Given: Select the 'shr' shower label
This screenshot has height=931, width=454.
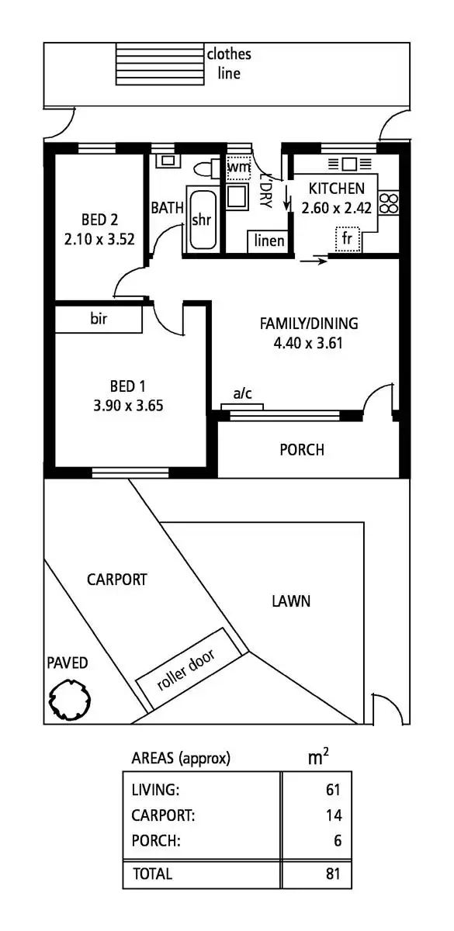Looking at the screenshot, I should (201, 220).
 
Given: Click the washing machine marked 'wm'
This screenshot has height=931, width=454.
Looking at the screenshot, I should (237, 167).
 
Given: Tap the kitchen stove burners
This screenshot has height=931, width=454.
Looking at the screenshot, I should (389, 203).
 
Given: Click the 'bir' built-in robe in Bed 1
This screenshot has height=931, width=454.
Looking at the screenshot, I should (99, 319).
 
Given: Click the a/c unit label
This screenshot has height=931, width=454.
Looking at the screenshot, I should (243, 394).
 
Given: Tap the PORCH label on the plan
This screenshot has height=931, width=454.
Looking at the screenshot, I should (301, 450).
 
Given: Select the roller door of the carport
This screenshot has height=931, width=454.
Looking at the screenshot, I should (187, 669).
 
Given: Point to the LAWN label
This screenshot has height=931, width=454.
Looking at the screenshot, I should (291, 600).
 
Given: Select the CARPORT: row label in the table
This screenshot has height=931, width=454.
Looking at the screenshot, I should (164, 815).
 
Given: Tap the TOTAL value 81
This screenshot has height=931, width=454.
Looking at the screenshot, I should (333, 874).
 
